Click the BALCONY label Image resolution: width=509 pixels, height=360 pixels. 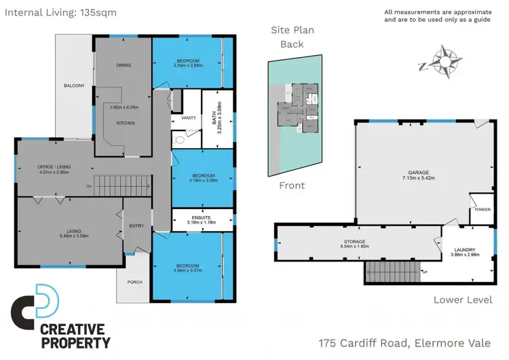tap(74, 86)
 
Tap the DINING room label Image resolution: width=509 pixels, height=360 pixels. tap(123, 65)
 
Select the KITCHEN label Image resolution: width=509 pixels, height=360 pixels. tap(126, 123)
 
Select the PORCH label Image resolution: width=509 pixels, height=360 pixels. tap(134, 282)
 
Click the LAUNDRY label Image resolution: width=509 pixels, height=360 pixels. tap(466, 249)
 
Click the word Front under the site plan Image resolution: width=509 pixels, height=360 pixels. tap(292, 185)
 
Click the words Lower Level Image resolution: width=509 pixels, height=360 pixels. tap(463, 300)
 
